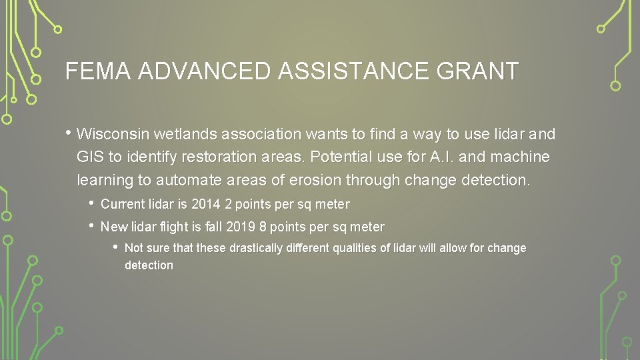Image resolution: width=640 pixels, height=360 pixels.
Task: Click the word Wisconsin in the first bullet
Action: tap(113, 134)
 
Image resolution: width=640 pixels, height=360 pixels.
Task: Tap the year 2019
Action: tap(241, 227)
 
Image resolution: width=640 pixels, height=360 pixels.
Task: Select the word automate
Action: tap(191, 180)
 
